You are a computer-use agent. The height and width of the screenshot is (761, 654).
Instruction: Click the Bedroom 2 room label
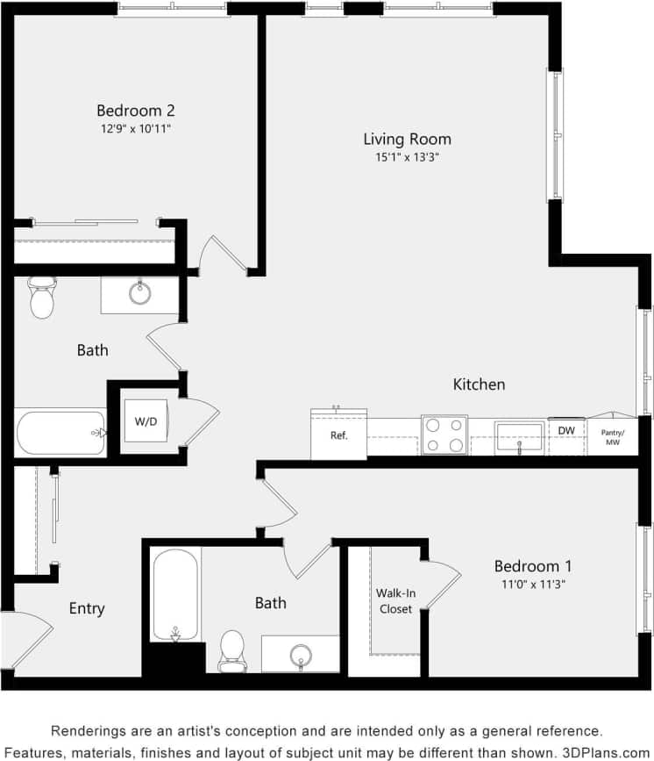click(135, 111)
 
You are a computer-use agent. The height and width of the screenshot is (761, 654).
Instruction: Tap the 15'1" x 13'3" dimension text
click(407, 158)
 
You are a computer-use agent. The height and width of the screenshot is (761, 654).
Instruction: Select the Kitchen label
click(479, 384)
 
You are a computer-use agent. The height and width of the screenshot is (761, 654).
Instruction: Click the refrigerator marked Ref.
click(338, 434)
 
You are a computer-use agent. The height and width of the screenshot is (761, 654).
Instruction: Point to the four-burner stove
click(444, 434)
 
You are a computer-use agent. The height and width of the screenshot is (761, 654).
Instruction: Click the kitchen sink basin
click(520, 436)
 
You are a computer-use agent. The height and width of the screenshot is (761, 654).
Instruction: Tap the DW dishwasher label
click(566, 430)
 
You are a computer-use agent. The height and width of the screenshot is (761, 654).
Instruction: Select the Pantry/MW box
click(612, 436)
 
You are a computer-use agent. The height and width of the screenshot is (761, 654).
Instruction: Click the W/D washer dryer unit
click(145, 421)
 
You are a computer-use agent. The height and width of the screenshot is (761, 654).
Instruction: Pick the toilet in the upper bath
click(42, 298)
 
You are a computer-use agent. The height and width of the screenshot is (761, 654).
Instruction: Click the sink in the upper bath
click(140, 293)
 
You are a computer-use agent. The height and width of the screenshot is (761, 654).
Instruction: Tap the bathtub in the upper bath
click(60, 432)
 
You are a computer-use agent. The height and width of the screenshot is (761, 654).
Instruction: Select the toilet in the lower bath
click(233, 650)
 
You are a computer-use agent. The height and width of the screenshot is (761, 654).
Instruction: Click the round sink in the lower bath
click(302, 655)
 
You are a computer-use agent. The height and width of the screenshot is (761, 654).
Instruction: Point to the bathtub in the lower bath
click(176, 593)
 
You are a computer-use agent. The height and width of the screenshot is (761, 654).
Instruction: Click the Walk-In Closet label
click(395, 601)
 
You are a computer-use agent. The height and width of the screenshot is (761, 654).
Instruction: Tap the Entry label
click(87, 608)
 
